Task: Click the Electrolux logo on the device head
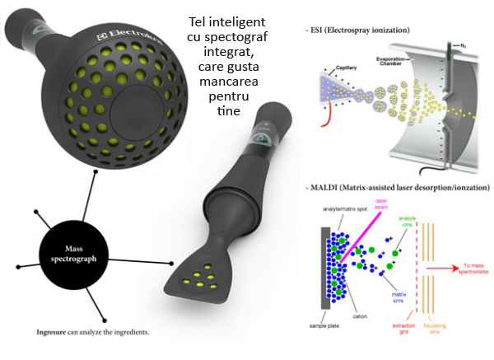[126, 36]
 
